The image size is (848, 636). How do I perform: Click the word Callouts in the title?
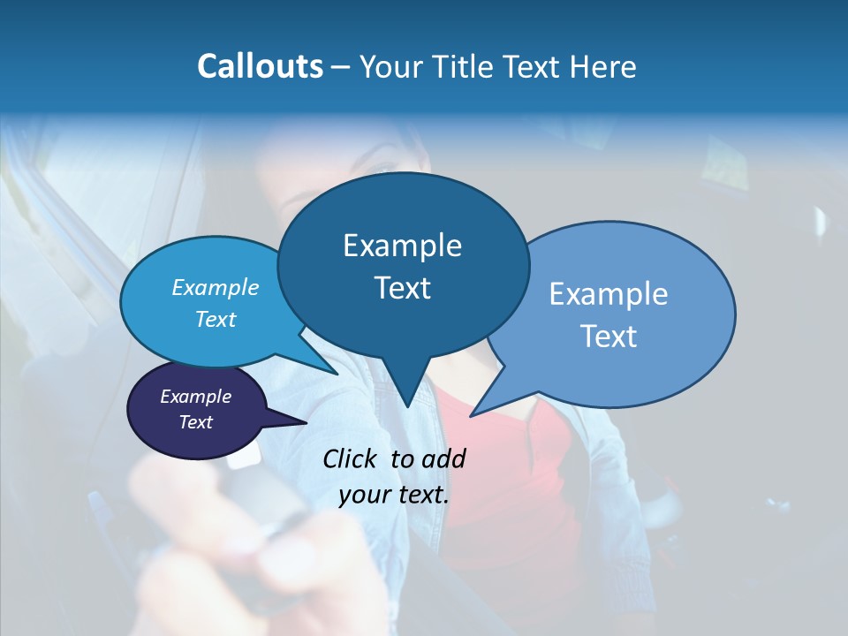(261, 67)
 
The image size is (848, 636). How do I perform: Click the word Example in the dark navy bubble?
(196, 397)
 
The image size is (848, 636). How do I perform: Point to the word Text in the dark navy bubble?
(196, 422)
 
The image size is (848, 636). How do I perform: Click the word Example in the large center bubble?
(402, 246)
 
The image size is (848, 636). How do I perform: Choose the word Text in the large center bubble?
(402, 288)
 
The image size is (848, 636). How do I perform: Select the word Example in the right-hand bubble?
(609, 294)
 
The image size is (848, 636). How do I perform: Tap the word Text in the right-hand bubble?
(609, 337)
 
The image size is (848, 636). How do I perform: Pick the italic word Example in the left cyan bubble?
(216, 288)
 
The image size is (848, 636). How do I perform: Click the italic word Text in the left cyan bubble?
(216, 319)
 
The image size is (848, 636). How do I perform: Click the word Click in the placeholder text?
(352, 458)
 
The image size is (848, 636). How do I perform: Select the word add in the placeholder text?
(443, 458)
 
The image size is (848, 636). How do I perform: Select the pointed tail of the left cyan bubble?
(334, 372)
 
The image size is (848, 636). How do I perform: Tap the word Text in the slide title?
(531, 67)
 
